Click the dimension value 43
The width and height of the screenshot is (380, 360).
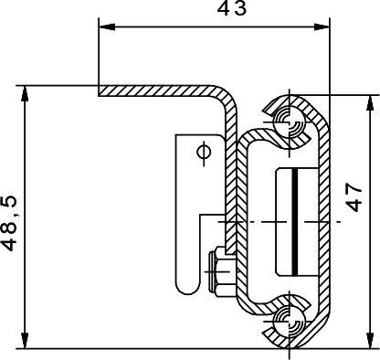(232, 8)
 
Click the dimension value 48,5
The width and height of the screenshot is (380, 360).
(10, 224)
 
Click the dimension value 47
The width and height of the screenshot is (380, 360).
(354, 197)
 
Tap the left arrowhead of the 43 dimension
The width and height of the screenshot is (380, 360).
(107, 26)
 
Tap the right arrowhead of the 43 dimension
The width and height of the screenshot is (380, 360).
(322, 26)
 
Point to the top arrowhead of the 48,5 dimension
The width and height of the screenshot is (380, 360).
(25, 94)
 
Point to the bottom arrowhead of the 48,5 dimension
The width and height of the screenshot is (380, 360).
(25, 340)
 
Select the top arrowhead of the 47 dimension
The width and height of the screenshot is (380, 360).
(370, 103)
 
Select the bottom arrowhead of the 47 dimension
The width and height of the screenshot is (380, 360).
(370, 340)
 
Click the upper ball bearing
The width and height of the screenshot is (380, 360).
(289, 122)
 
